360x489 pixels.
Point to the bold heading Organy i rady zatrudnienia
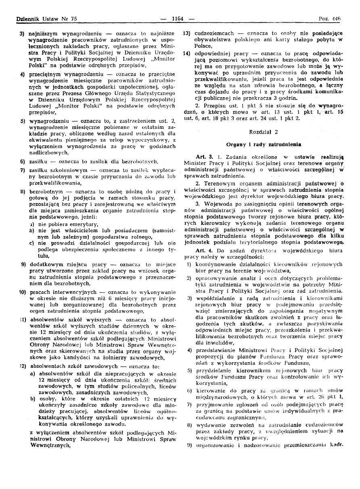263,143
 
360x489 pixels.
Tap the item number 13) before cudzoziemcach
186,33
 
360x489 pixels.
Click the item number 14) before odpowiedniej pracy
186,53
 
